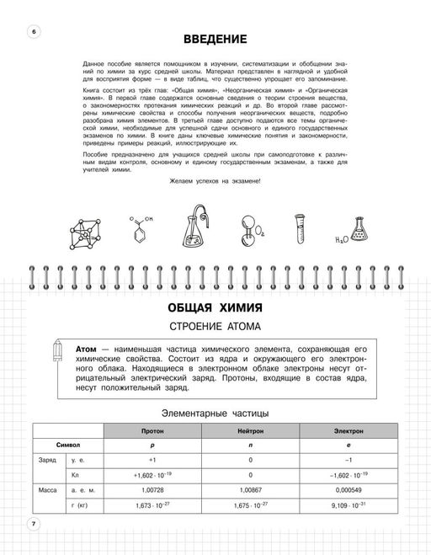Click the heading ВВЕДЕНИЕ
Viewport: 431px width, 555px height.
click(x=215, y=40)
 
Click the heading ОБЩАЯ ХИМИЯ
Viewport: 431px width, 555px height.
click(x=215, y=307)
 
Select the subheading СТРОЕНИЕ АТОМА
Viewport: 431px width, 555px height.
click(x=215, y=328)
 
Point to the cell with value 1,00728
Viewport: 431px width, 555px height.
click(x=152, y=489)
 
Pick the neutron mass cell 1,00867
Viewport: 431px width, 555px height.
click(x=250, y=489)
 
